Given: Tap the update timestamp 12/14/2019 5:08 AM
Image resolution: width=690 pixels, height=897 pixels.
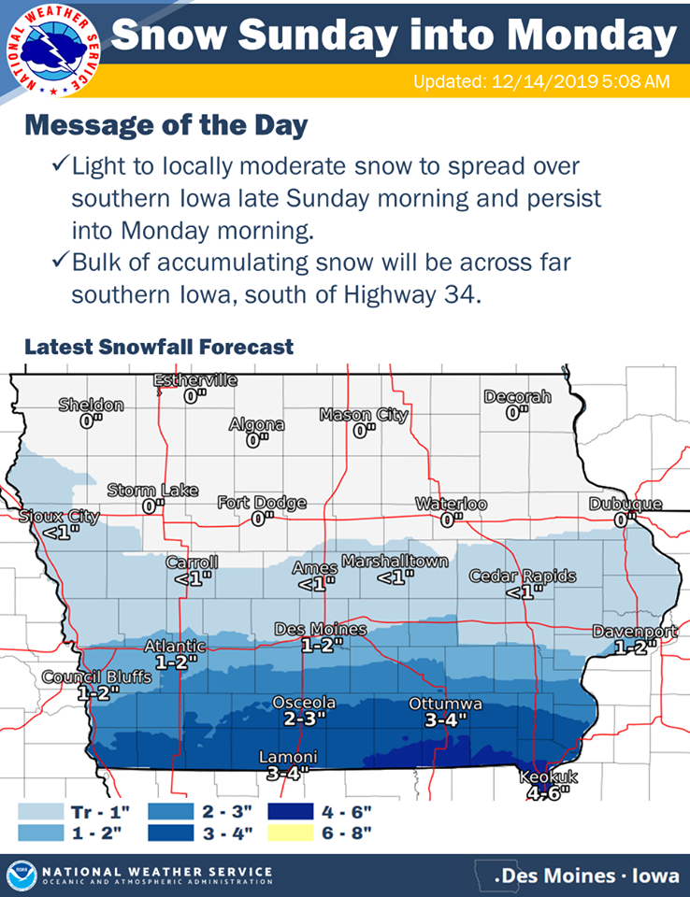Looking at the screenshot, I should pos(541,82).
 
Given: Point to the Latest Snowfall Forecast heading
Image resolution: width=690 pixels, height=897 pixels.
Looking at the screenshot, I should pos(159,347).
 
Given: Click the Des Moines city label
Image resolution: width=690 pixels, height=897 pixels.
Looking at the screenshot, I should pos(320,630).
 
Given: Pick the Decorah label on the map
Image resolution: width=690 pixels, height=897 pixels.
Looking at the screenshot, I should pos(517,397).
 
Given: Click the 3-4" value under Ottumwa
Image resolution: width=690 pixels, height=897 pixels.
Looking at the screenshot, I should pos(445,720).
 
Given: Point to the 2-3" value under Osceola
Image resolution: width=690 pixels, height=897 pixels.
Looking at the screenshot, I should pos(304,720).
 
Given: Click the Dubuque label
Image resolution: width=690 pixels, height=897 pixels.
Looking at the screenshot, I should pos(625,504).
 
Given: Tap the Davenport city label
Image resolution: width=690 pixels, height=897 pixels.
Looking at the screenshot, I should pos(635,633).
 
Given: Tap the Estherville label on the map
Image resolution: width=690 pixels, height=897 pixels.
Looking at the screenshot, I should pos(195,380).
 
